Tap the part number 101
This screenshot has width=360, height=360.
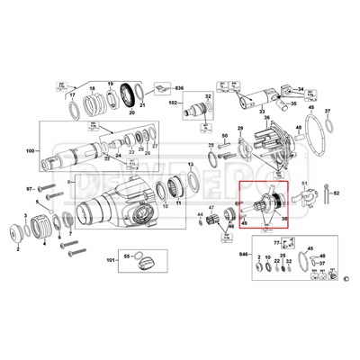click(x=111, y=262)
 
